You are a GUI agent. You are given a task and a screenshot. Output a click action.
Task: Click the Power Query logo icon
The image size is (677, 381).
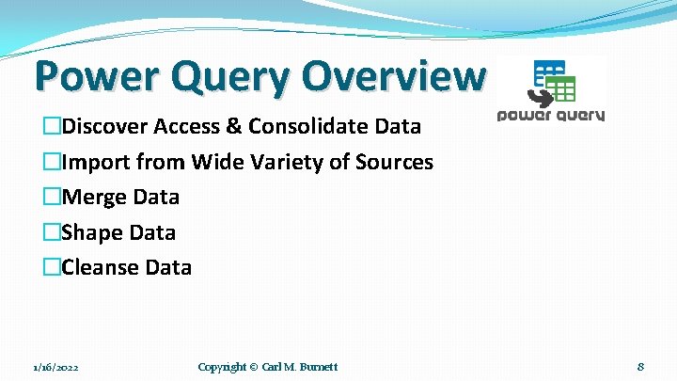coord(553,83)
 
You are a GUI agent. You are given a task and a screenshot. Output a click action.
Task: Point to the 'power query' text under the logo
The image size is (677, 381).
coord(551,116)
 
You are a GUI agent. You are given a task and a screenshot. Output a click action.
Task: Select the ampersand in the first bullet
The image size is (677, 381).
coord(232,126)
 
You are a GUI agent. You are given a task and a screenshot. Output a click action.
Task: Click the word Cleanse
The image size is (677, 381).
coord(101,267)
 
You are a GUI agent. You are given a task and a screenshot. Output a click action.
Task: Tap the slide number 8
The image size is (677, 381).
coord(639,366)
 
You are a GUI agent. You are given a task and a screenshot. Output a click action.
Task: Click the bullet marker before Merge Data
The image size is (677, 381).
coord(51,198)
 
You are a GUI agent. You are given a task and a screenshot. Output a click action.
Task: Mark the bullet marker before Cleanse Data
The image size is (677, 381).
coord(51,267)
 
